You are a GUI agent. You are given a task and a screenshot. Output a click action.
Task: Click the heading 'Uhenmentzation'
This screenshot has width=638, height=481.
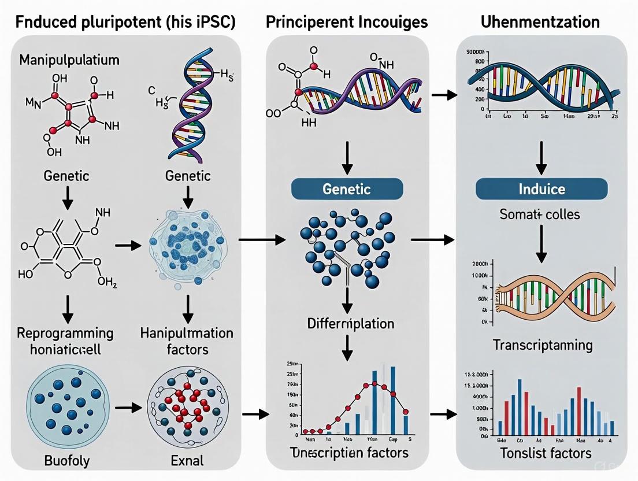tap(540, 23)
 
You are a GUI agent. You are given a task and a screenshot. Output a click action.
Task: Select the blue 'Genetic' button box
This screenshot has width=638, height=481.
tap(347, 189)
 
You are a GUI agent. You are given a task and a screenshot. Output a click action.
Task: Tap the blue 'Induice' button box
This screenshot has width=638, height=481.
tap(541, 189)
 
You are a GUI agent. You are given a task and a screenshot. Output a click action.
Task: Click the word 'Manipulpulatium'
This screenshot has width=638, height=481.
tap(69, 60)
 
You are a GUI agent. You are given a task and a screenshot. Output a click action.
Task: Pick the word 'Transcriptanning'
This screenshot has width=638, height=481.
tap(542, 345)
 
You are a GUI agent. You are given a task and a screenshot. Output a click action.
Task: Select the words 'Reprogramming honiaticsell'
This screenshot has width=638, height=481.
tap(64, 342)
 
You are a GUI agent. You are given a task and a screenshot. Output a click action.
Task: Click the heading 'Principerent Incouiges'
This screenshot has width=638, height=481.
tap(347, 23)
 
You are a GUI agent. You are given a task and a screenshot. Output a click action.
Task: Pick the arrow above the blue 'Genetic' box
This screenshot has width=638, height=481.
tap(347, 159)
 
